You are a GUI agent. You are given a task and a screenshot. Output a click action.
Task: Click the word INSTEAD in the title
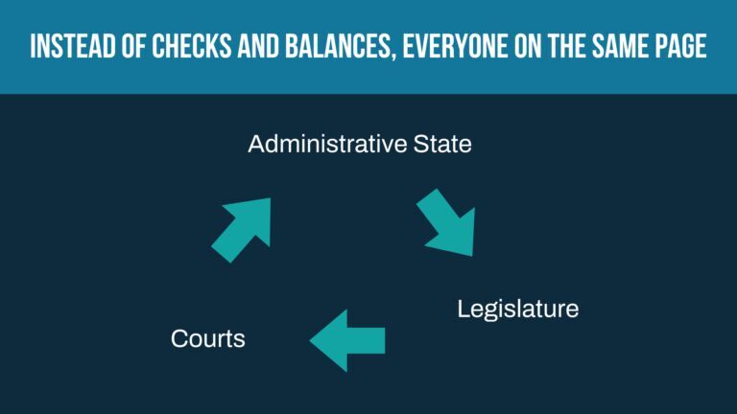(x=73, y=46)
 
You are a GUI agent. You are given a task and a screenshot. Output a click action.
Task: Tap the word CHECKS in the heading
(x=191, y=46)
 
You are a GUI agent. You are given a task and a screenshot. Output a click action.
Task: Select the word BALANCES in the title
(x=337, y=46)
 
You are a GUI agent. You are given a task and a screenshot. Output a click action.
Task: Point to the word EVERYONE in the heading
(x=454, y=46)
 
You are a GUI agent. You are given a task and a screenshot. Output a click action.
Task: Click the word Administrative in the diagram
(x=327, y=144)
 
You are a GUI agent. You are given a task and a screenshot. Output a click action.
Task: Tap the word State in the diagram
(x=442, y=144)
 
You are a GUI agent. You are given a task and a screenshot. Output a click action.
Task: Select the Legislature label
(x=518, y=310)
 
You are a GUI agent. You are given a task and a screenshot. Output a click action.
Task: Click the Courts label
(x=207, y=338)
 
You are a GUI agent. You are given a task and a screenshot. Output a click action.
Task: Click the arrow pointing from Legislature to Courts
(x=347, y=341)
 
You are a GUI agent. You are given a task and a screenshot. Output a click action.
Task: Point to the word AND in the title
(x=258, y=46)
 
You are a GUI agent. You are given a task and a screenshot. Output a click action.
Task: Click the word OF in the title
(x=133, y=46)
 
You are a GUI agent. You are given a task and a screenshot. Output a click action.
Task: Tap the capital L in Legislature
(x=464, y=309)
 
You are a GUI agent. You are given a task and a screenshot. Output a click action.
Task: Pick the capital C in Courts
(x=180, y=338)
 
